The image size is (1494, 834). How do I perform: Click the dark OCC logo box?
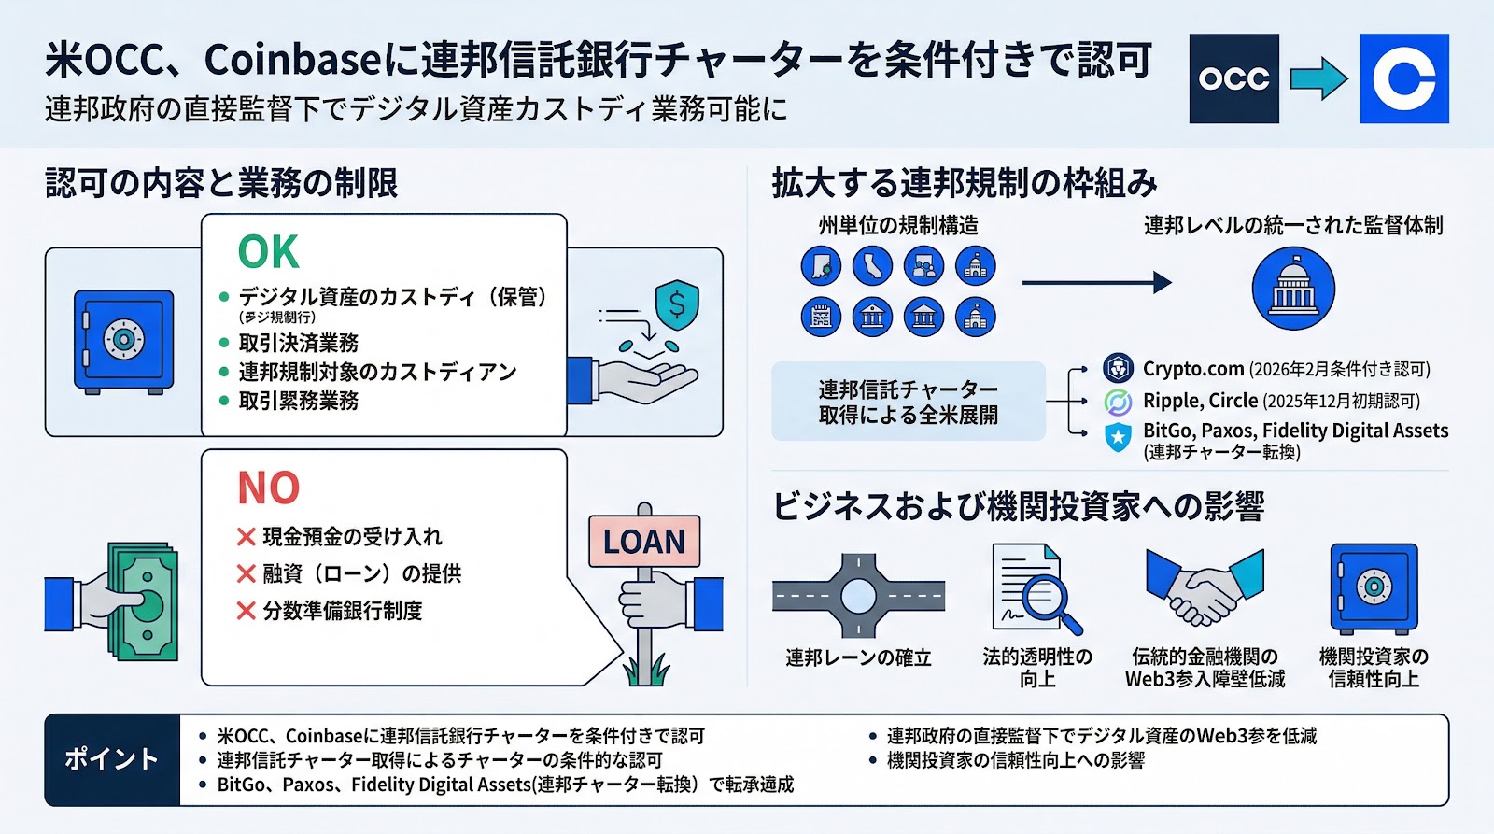(x=1233, y=79)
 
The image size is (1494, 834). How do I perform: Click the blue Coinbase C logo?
(x=1403, y=79)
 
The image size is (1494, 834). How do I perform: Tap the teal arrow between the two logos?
(x=1318, y=79)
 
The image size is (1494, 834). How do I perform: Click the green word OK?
(x=268, y=252)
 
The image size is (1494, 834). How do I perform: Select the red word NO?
(x=268, y=488)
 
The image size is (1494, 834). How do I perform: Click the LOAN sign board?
(x=643, y=542)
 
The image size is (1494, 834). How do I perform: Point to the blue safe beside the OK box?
(x=123, y=340)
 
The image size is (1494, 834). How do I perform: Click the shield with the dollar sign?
(x=677, y=304)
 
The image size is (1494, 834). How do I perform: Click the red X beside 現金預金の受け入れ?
(x=246, y=537)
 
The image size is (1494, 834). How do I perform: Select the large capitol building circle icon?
(x=1292, y=289)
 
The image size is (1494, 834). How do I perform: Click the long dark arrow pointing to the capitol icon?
(x=1096, y=282)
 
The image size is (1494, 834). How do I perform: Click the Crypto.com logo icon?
(x=1118, y=368)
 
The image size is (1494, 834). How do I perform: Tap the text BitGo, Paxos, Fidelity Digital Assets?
(x=1295, y=431)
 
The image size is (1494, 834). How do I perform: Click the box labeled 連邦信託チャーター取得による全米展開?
(x=908, y=402)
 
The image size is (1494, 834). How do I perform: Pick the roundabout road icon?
(x=858, y=596)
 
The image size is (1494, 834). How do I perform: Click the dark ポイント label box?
(x=112, y=759)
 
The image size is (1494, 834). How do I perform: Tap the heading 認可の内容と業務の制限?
(x=221, y=183)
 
